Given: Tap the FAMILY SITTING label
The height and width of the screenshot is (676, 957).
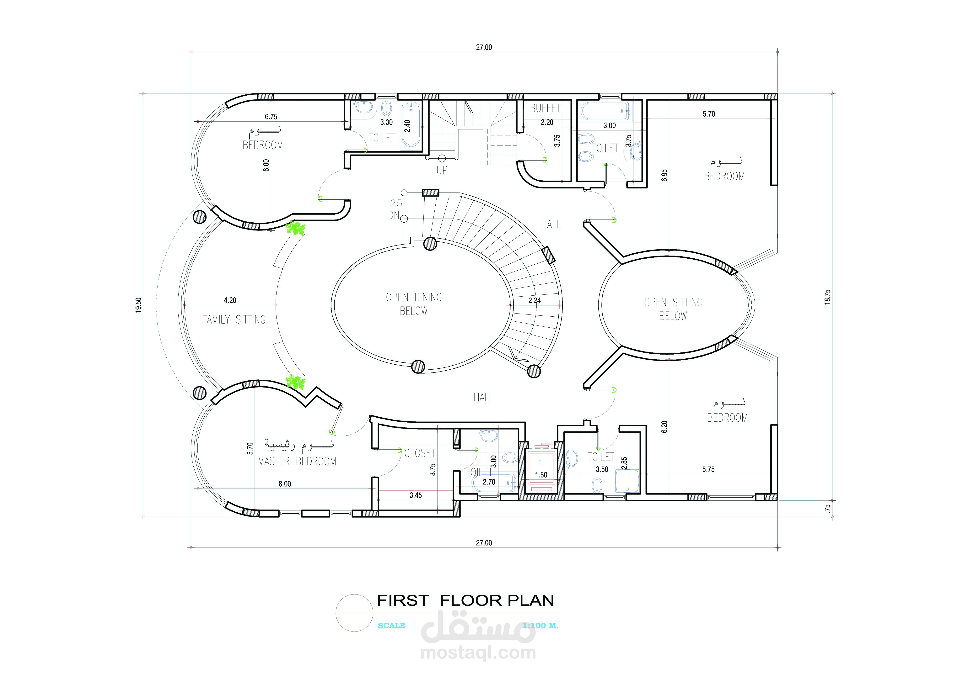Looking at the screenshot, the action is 234,320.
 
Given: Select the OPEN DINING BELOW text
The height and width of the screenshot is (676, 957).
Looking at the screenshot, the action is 414,304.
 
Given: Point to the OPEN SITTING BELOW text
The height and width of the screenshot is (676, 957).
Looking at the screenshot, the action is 673,309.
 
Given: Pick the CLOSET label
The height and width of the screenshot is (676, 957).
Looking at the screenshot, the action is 420,453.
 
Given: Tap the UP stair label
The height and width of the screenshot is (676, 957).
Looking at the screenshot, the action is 442,170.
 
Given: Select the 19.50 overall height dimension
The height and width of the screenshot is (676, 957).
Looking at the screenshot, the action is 139,305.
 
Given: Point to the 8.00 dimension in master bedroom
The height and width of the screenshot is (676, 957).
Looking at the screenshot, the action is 285,483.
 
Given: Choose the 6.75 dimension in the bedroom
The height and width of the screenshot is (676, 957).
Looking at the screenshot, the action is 271,117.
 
